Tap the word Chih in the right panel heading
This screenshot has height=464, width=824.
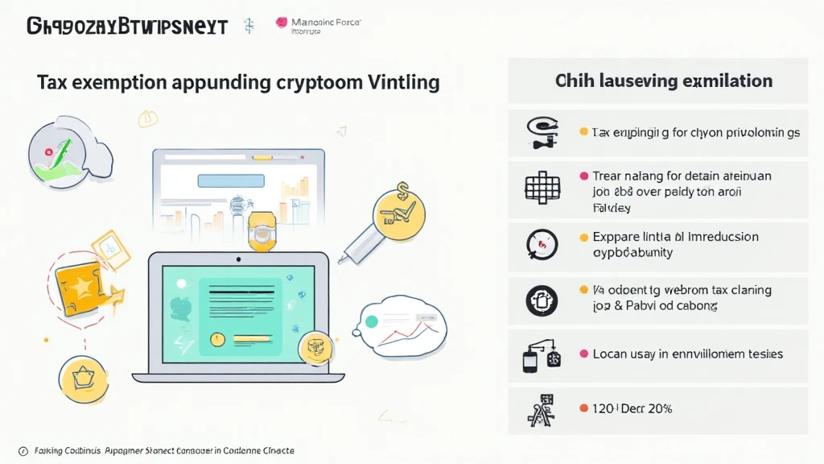click(x=573, y=81)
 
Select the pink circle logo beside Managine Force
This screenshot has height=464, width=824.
click(x=282, y=23)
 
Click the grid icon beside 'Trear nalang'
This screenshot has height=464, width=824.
click(x=542, y=185)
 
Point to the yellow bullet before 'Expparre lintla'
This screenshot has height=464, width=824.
click(x=584, y=238)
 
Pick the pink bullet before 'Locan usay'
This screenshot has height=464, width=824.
click(x=583, y=354)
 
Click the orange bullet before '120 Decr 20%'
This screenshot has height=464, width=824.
click(x=584, y=408)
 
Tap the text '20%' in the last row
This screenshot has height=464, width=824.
click(x=658, y=408)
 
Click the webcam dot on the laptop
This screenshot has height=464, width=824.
click(x=237, y=260)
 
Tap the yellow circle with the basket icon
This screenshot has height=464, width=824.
click(x=83, y=378)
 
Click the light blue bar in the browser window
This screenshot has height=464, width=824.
click(x=231, y=181)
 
